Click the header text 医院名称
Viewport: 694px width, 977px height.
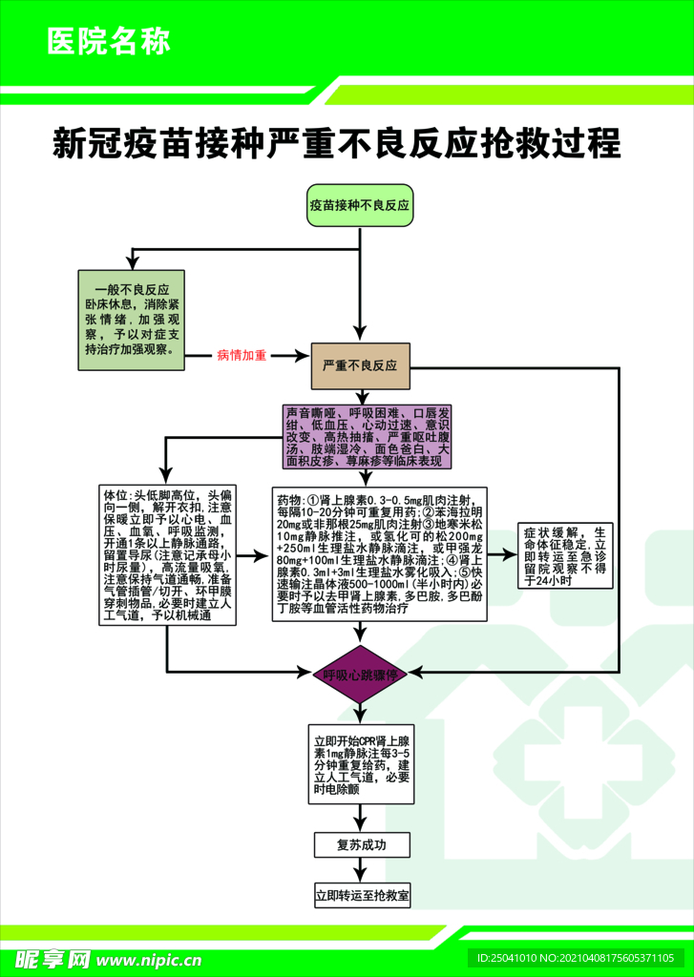click(108, 42)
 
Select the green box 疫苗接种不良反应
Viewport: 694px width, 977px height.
click(359, 205)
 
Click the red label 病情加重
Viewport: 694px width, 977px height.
click(242, 355)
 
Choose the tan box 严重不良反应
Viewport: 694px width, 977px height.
click(359, 365)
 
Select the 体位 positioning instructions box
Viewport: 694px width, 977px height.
click(168, 556)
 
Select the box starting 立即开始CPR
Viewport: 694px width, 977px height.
click(364, 764)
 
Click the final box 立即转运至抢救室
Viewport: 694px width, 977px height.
click(363, 896)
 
